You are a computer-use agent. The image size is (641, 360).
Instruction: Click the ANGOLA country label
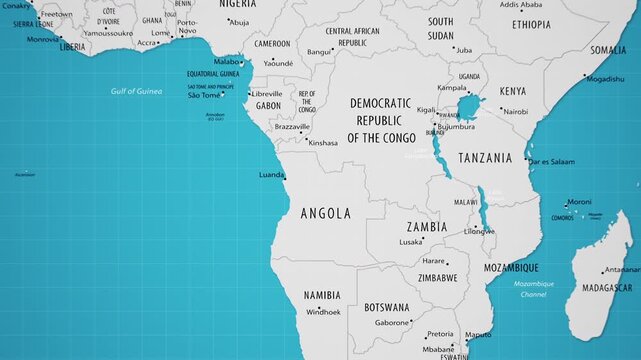click(325, 213)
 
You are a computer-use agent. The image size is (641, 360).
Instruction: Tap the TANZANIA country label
click(485, 158)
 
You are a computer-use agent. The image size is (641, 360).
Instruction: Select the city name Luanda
click(270, 174)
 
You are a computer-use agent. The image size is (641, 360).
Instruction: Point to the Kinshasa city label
click(323, 143)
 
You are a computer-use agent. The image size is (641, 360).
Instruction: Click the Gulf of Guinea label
click(136, 91)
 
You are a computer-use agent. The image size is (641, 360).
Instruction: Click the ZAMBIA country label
click(426, 227)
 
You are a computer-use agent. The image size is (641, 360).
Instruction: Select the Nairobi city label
click(515, 112)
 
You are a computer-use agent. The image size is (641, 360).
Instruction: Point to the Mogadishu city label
click(605, 78)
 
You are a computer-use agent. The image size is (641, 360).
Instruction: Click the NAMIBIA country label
click(321, 295)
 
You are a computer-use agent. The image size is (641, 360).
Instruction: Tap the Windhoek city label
click(323, 312)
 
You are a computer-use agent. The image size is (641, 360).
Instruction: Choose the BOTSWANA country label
click(386, 307)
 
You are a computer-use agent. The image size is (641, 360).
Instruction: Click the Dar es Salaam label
click(551, 161)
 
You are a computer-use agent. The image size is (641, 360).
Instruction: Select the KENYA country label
click(512, 91)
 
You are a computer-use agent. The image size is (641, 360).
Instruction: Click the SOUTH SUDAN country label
click(440, 28)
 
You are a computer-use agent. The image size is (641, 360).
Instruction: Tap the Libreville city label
click(266, 94)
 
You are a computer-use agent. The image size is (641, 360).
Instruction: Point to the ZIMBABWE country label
click(438, 277)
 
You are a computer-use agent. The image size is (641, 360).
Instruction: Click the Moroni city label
click(579, 201)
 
